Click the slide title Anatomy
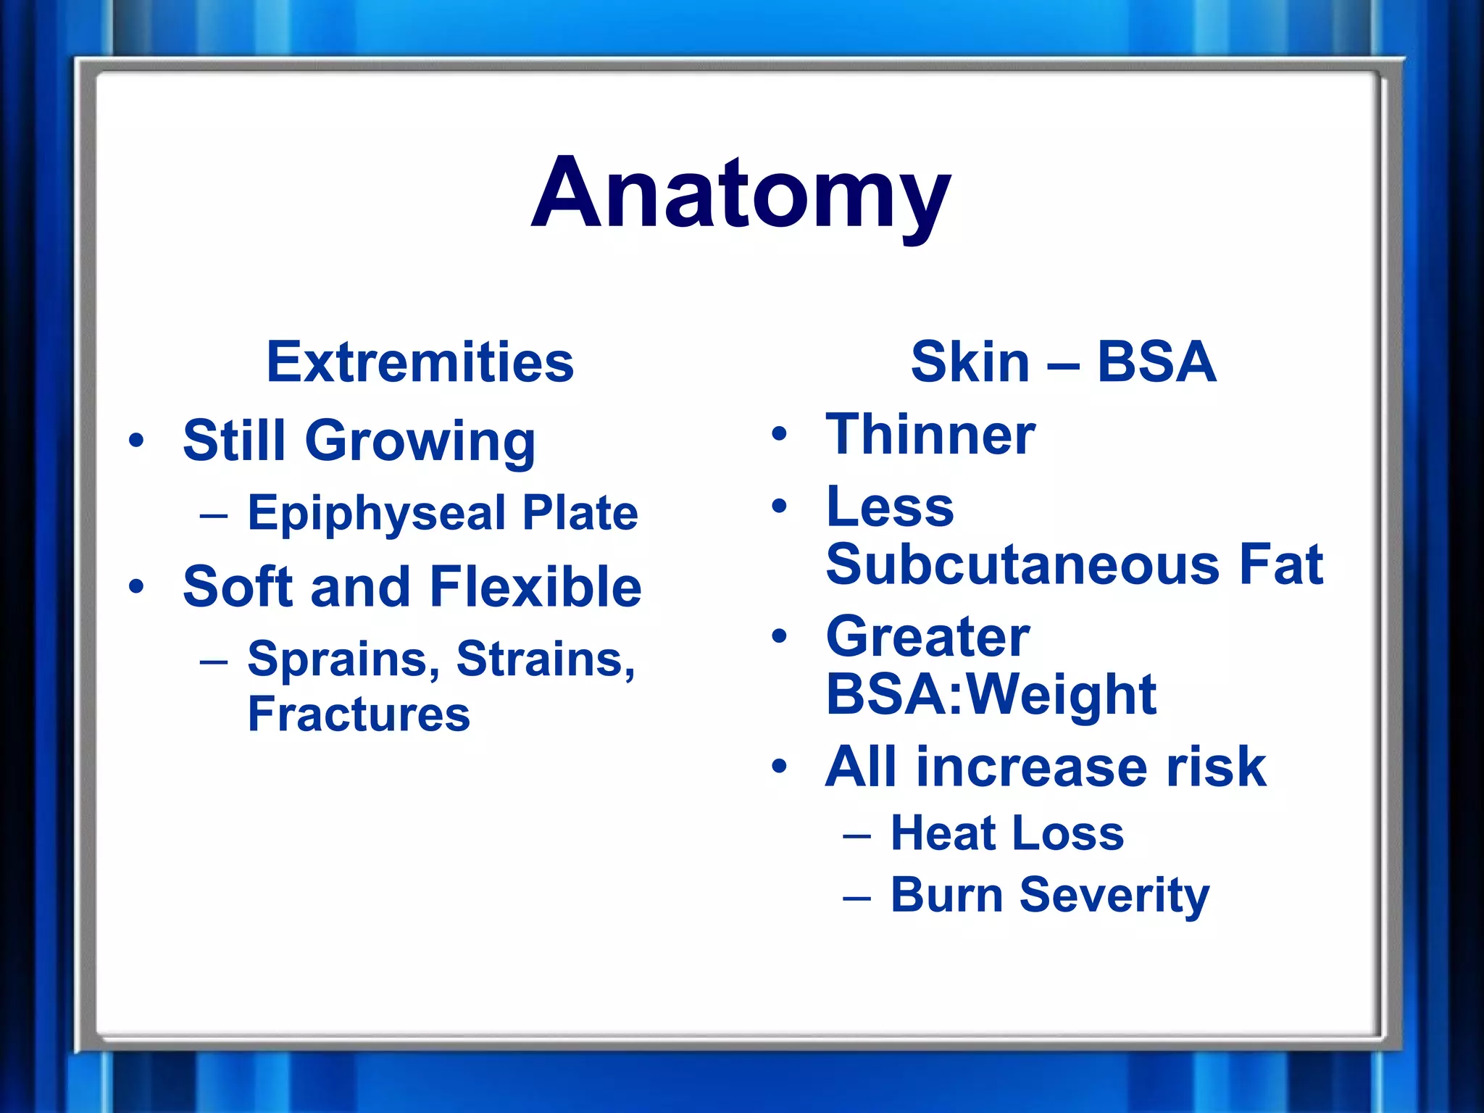point(741,194)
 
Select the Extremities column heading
point(420,362)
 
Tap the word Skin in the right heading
point(970,362)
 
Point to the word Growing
point(420,441)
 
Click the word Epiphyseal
point(377,513)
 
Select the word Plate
point(580,513)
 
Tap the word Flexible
point(535,586)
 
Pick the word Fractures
point(359,714)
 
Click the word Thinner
point(930,434)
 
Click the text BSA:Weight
point(991,694)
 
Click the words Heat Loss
point(1007,833)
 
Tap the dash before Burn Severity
point(856,898)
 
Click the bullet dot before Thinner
point(779,434)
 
